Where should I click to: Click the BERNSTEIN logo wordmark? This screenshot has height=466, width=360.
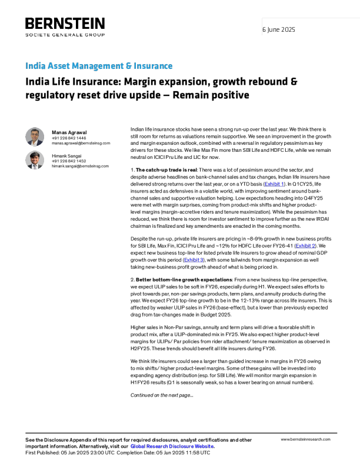[64, 24]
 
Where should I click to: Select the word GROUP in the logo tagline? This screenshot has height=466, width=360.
[95, 35]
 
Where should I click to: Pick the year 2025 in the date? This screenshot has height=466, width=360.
[288, 29]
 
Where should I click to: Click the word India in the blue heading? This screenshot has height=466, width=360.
[32, 66]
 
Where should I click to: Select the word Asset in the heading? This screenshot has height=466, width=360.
[51, 66]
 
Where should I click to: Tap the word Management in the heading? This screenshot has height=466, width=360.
[93, 66]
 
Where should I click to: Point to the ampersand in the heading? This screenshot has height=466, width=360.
[128, 66]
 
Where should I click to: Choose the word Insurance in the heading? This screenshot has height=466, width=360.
[153, 66]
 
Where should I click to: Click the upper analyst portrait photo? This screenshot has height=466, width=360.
[35, 137]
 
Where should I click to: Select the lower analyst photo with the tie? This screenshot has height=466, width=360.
[35, 160]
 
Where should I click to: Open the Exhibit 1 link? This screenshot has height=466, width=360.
[274, 185]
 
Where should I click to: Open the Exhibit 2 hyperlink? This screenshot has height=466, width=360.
[305, 246]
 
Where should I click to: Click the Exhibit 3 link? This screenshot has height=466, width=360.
[194, 260]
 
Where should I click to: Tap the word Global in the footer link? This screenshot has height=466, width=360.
[138, 447]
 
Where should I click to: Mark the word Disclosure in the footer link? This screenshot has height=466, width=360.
[182, 447]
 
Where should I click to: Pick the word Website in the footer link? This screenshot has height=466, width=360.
[205, 447]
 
